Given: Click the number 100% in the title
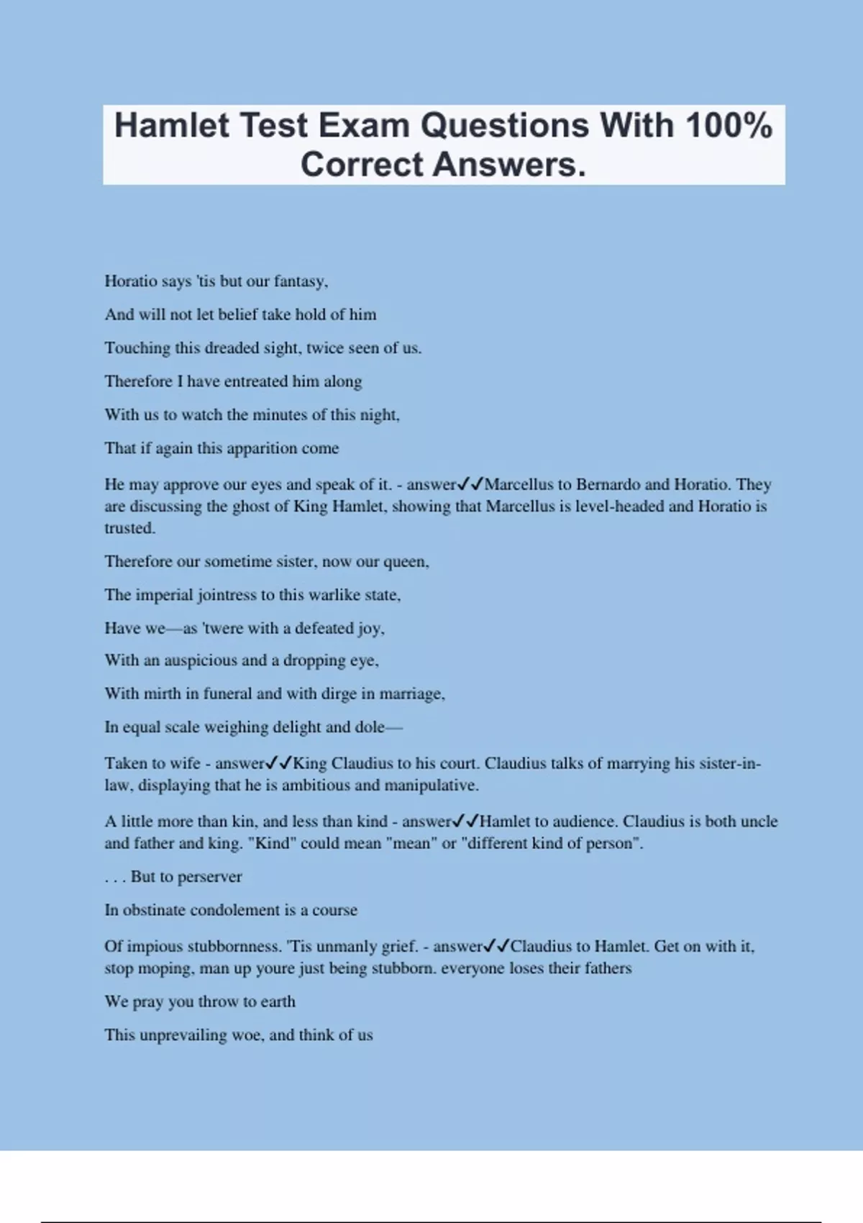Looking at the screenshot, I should point(729,126).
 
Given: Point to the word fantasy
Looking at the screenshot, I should point(300,281).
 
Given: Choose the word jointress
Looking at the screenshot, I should point(226,595).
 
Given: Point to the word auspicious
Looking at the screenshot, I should point(196,660).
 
